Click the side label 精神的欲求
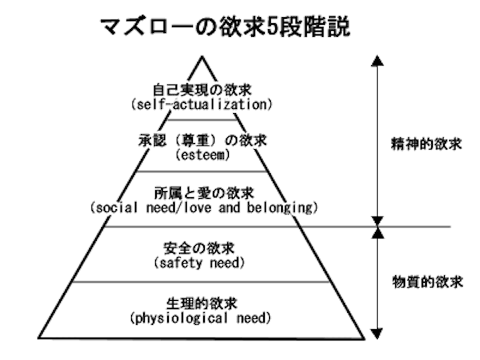coord(421,140)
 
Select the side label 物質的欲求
coord(421,283)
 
